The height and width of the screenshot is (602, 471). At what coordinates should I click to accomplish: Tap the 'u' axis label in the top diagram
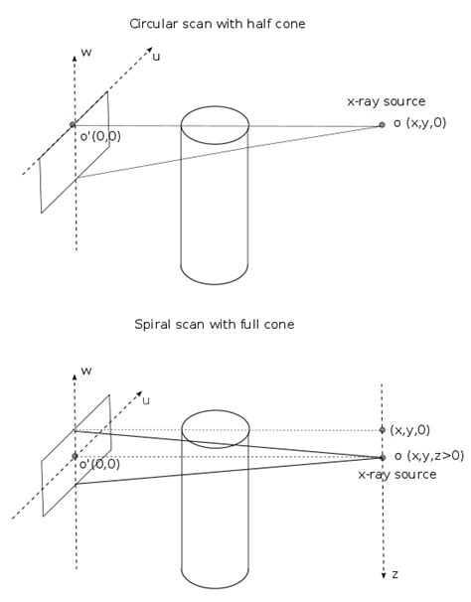156,57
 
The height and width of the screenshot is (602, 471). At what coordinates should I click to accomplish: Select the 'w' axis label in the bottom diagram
86,370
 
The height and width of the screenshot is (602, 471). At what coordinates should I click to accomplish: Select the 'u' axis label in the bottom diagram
146,399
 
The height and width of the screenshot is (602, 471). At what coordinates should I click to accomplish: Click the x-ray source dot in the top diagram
382,125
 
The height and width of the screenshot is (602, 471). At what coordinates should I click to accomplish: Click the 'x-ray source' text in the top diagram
386,101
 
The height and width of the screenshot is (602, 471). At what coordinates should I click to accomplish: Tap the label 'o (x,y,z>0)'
428,456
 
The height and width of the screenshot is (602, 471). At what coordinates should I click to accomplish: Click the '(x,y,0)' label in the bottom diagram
410,430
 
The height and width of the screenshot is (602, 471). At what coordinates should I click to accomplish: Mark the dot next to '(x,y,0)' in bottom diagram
383,430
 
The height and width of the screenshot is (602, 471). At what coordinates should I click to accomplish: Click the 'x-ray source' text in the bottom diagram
397,475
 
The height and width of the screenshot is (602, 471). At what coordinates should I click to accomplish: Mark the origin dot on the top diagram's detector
73,125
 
